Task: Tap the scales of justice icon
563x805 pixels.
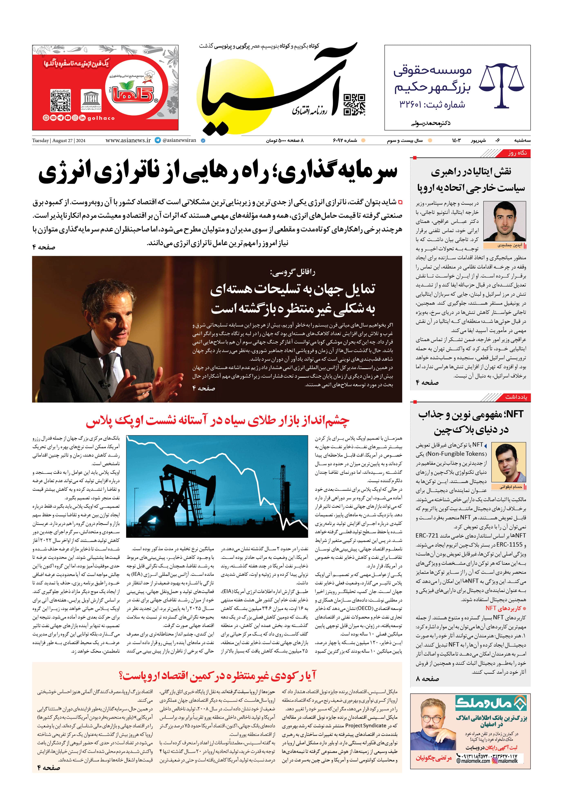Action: [501, 85]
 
